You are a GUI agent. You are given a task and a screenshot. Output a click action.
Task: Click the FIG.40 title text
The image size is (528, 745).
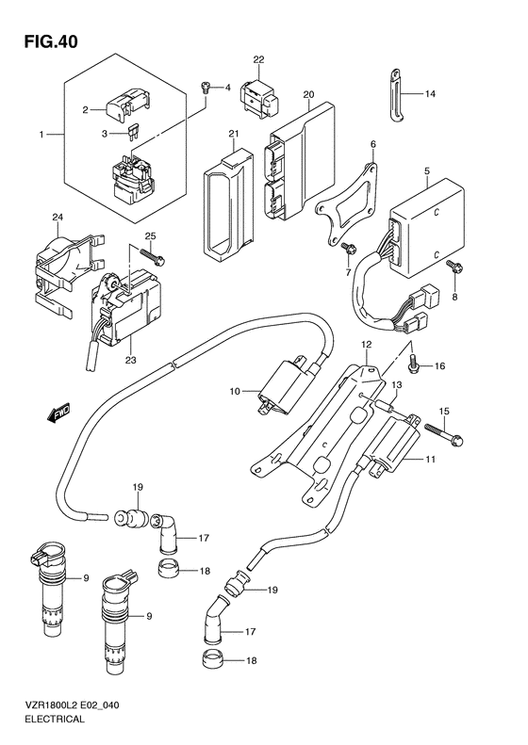51,42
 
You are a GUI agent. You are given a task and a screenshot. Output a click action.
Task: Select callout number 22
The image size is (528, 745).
258,59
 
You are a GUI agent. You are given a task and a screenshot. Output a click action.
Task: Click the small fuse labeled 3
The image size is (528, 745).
132,136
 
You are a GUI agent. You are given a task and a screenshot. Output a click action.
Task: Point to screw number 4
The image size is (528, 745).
206,87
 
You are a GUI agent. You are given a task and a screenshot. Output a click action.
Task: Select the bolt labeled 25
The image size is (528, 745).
152,255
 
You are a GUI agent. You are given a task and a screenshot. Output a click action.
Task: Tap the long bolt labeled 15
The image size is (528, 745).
443,433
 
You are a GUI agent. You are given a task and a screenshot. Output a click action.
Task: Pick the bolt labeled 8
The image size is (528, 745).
452,267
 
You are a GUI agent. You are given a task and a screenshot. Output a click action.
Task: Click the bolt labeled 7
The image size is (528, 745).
346,247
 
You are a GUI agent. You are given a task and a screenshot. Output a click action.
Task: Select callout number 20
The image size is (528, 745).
308,94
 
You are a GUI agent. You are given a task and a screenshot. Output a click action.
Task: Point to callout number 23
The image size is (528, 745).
130,360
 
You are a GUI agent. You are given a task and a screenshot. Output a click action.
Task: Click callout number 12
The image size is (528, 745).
366,345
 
